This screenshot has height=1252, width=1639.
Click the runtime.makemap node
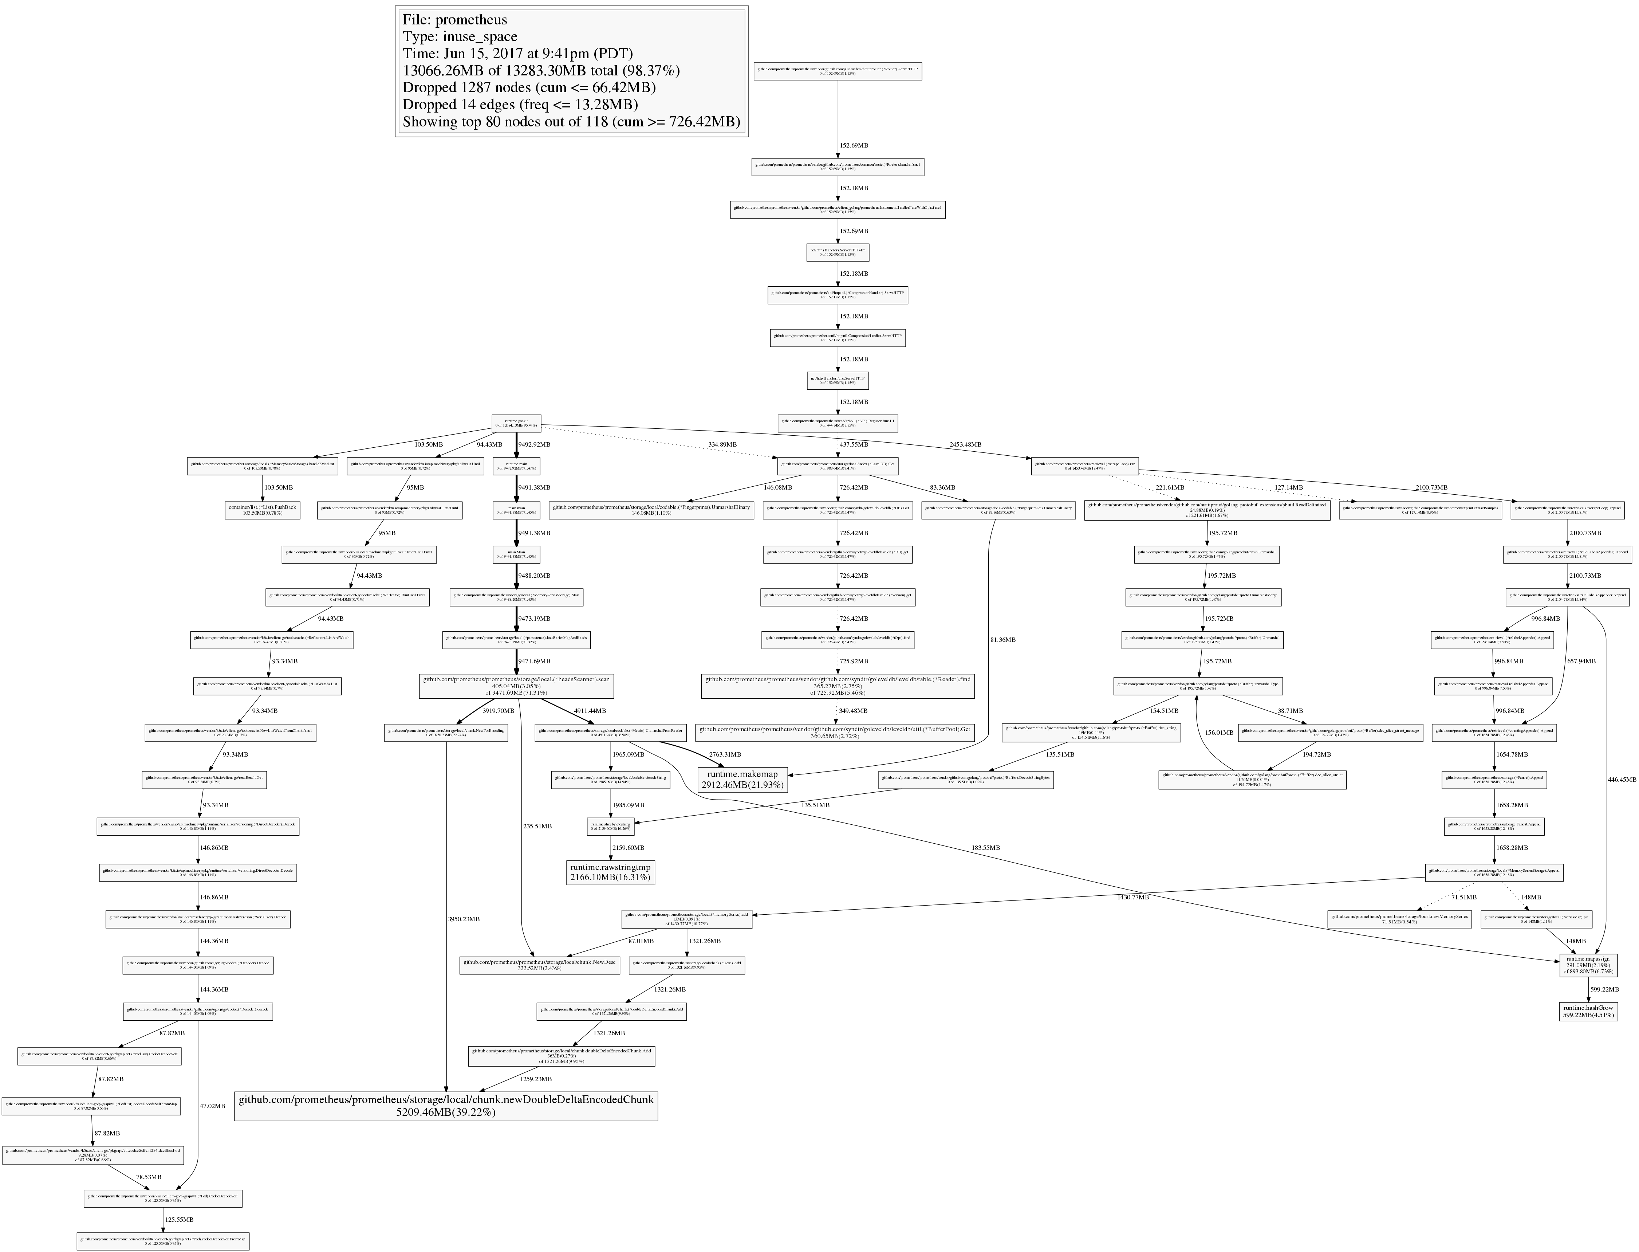[742, 780]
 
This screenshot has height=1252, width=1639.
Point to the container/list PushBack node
[262, 510]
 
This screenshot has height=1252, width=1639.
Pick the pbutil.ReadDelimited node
[1207, 510]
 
